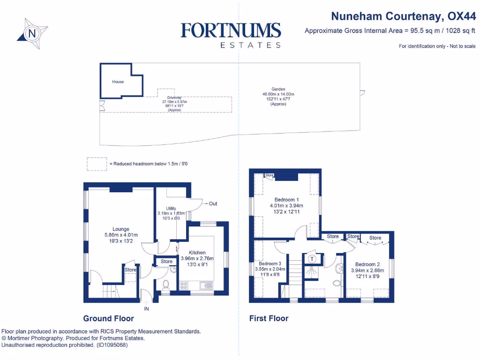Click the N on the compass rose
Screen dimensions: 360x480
(32, 33)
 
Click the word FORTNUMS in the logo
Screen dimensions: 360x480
(231, 31)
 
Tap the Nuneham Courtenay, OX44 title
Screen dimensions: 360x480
(403, 16)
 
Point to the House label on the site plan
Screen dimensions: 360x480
(118, 82)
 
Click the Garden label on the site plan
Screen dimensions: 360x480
(278, 89)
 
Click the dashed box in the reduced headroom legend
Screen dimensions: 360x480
(96, 164)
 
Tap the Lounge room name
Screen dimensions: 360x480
(121, 229)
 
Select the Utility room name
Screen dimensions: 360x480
(171, 209)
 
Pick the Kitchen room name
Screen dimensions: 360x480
(197, 253)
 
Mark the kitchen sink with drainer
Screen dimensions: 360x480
(206, 285)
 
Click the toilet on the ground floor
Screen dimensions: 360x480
(165, 285)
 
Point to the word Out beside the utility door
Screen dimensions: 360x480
(213, 204)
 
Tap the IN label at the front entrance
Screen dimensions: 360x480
(146, 308)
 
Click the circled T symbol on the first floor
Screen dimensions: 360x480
(312, 258)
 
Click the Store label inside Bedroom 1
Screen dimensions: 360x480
(269, 175)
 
